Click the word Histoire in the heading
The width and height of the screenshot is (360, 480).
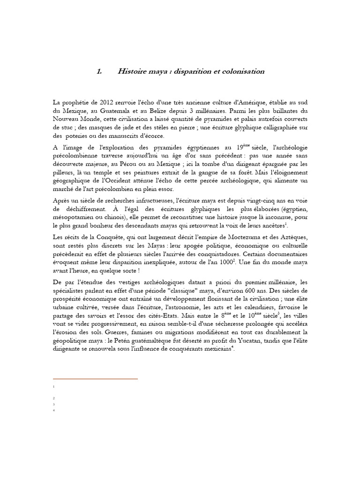[132, 72]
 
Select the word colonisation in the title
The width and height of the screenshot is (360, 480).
[241, 72]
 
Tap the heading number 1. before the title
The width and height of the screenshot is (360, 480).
[99, 72]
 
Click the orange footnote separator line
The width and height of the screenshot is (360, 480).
[95, 378]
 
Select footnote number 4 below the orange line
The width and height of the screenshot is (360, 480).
[54, 411]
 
